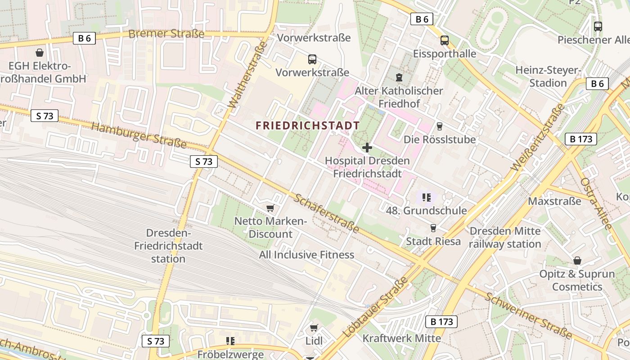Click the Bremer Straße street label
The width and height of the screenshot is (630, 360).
(x=166, y=34)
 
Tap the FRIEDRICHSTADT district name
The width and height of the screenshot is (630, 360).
(x=308, y=126)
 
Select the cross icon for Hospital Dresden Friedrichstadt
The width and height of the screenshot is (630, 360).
(x=367, y=147)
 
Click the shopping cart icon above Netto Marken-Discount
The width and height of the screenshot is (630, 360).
(x=270, y=208)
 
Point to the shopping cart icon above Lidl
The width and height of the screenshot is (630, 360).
(x=314, y=328)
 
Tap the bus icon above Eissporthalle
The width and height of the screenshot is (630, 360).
(x=445, y=40)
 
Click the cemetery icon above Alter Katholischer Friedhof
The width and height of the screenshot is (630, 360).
(x=399, y=77)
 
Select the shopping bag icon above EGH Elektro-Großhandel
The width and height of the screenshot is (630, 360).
(x=40, y=53)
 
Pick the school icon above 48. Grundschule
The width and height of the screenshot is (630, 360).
(x=427, y=197)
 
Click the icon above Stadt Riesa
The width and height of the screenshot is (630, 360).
(x=433, y=228)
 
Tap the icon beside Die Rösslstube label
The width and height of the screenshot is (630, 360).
(x=440, y=126)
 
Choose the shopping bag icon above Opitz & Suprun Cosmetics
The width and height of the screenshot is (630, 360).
(x=577, y=261)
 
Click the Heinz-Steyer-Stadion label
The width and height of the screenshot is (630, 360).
(x=548, y=76)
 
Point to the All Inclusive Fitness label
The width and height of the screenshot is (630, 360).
(x=306, y=255)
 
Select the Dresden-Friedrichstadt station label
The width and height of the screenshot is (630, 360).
(x=168, y=246)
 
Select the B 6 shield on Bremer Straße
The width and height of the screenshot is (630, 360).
(x=84, y=38)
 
